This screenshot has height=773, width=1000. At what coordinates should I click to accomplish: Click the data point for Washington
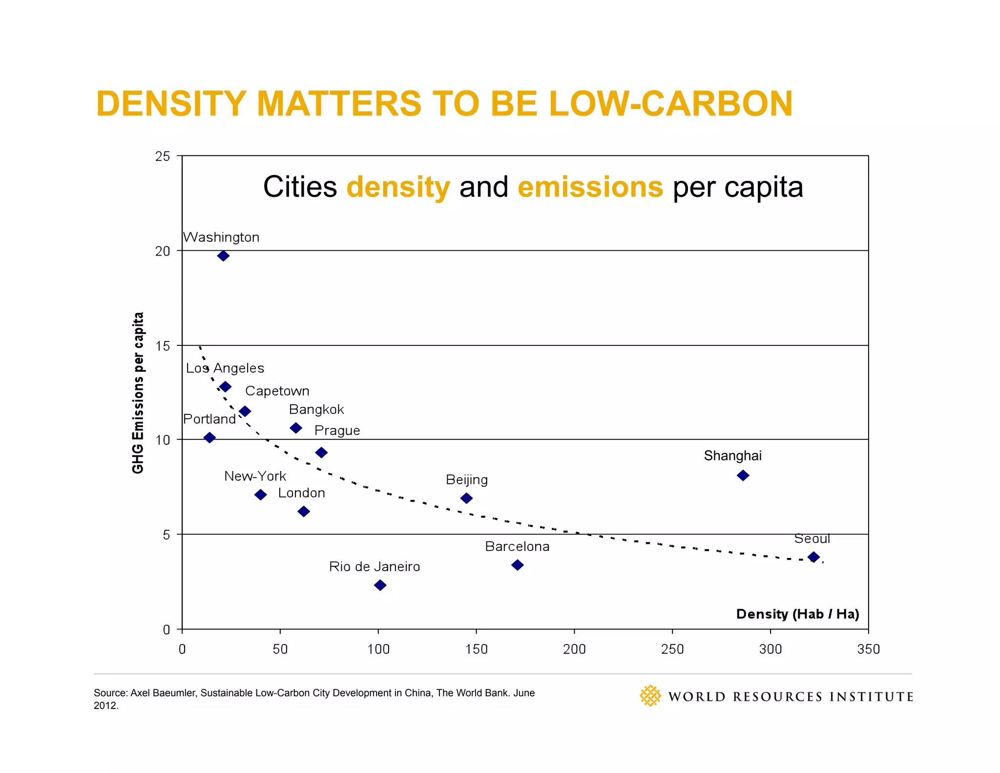pyautogui.click(x=223, y=256)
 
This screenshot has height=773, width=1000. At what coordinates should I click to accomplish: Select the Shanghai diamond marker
pyautogui.click(x=743, y=475)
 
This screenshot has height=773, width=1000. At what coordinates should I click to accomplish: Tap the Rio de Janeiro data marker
pyautogui.click(x=380, y=585)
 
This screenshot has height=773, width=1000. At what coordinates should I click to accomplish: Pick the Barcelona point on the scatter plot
pyautogui.click(x=517, y=565)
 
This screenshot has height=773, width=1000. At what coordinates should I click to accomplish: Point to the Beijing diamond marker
pyautogui.click(x=466, y=498)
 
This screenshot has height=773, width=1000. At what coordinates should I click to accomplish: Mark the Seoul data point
pyautogui.click(x=813, y=557)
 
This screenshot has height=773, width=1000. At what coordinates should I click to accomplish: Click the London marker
pyautogui.click(x=303, y=512)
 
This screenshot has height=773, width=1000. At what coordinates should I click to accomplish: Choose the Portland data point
pyautogui.click(x=209, y=437)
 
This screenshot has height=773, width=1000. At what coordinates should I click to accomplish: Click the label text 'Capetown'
pyautogui.click(x=277, y=391)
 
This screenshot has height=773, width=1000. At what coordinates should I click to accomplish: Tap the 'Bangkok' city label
pyautogui.click(x=316, y=409)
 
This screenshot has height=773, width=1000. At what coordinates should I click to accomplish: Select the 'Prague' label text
pyautogui.click(x=337, y=430)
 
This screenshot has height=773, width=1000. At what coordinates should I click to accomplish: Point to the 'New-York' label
pyautogui.click(x=255, y=476)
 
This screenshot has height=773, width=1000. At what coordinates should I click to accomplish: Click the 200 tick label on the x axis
pyautogui.click(x=574, y=649)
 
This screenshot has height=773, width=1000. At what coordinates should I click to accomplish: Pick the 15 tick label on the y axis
pyautogui.click(x=163, y=346)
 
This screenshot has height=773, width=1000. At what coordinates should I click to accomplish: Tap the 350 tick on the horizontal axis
pyautogui.click(x=868, y=649)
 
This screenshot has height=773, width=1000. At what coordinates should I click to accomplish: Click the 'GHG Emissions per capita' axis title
pyautogui.click(x=138, y=393)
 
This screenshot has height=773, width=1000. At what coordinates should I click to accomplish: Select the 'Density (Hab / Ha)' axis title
pyautogui.click(x=797, y=614)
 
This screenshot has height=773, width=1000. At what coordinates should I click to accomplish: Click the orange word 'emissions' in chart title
pyautogui.click(x=590, y=187)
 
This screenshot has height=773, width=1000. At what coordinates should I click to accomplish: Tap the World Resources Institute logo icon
pyautogui.click(x=650, y=696)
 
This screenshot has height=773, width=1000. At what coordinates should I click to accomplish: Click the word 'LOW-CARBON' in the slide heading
pyautogui.click(x=670, y=104)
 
